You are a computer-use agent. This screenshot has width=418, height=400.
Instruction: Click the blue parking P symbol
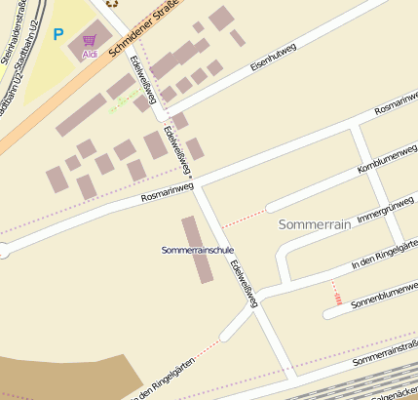click(x=58, y=34)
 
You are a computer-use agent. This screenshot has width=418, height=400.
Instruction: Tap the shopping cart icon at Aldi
click(x=90, y=40)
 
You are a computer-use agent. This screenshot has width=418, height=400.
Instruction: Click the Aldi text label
click(x=90, y=54)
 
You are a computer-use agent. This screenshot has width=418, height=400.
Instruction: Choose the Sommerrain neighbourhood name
click(x=314, y=224)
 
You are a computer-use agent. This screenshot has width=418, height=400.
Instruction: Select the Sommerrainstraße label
click(x=385, y=354)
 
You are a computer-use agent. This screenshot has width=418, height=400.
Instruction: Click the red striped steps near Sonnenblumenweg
click(x=336, y=293)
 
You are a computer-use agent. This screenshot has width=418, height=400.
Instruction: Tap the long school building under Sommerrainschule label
click(x=198, y=250)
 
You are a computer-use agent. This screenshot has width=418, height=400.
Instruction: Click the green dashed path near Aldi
click(x=121, y=101)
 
